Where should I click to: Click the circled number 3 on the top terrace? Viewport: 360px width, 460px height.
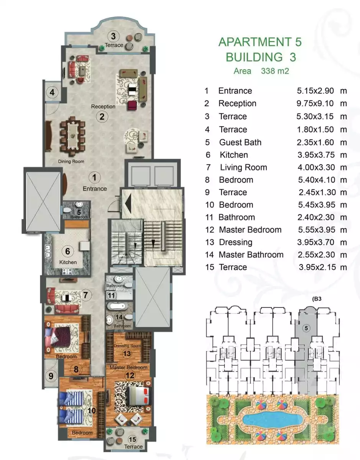click(x=113, y=36)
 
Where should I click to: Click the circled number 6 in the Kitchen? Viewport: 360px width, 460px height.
click(x=68, y=251)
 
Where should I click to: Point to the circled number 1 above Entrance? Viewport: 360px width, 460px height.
click(x=94, y=177)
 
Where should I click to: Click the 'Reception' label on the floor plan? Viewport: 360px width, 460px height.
click(x=103, y=106)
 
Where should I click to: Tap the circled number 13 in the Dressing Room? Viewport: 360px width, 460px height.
click(x=127, y=353)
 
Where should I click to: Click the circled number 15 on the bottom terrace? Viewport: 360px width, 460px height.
click(x=133, y=439)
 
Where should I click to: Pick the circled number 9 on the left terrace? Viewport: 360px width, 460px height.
click(x=51, y=376)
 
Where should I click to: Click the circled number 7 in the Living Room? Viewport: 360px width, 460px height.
click(x=86, y=295)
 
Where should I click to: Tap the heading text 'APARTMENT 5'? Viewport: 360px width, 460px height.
click(x=260, y=42)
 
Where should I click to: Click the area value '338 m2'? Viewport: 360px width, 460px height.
click(x=275, y=71)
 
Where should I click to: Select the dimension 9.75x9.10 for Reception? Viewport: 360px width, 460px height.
click(x=315, y=103)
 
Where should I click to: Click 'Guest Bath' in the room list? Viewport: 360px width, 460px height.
click(x=240, y=142)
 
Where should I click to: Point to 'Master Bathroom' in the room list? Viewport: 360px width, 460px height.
click(x=251, y=255)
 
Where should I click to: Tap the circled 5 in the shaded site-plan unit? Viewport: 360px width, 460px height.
click(x=306, y=328)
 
